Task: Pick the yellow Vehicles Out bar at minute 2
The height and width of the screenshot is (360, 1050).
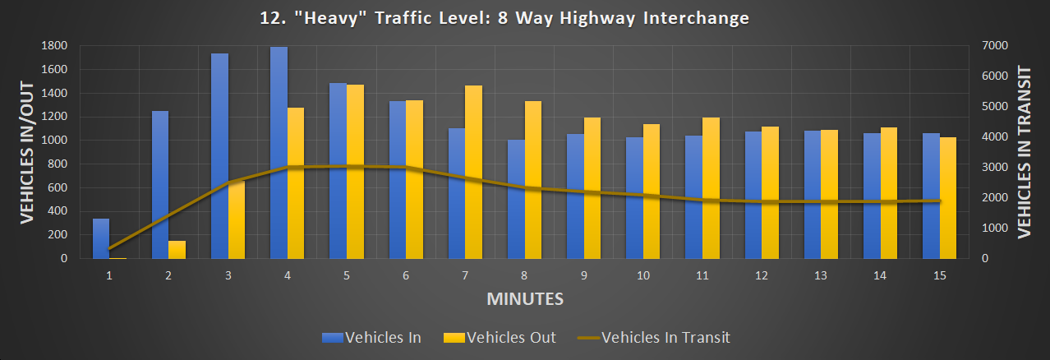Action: pos(177,249)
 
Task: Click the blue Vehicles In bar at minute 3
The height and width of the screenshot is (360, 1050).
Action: pos(219,156)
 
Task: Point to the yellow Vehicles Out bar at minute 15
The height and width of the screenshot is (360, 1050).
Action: pos(948,198)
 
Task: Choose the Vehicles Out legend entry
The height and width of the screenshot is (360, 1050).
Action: pos(499,337)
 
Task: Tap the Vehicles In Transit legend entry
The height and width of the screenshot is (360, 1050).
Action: pos(653,337)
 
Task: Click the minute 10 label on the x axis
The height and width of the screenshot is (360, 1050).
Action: pos(643,276)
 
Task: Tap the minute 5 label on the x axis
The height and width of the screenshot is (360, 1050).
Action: pos(347,276)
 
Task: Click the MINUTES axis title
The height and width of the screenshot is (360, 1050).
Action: pos(525,298)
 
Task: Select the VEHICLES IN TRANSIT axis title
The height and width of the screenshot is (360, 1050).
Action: pos(1024,152)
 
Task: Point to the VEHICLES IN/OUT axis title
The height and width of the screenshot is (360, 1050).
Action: pos(26,152)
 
